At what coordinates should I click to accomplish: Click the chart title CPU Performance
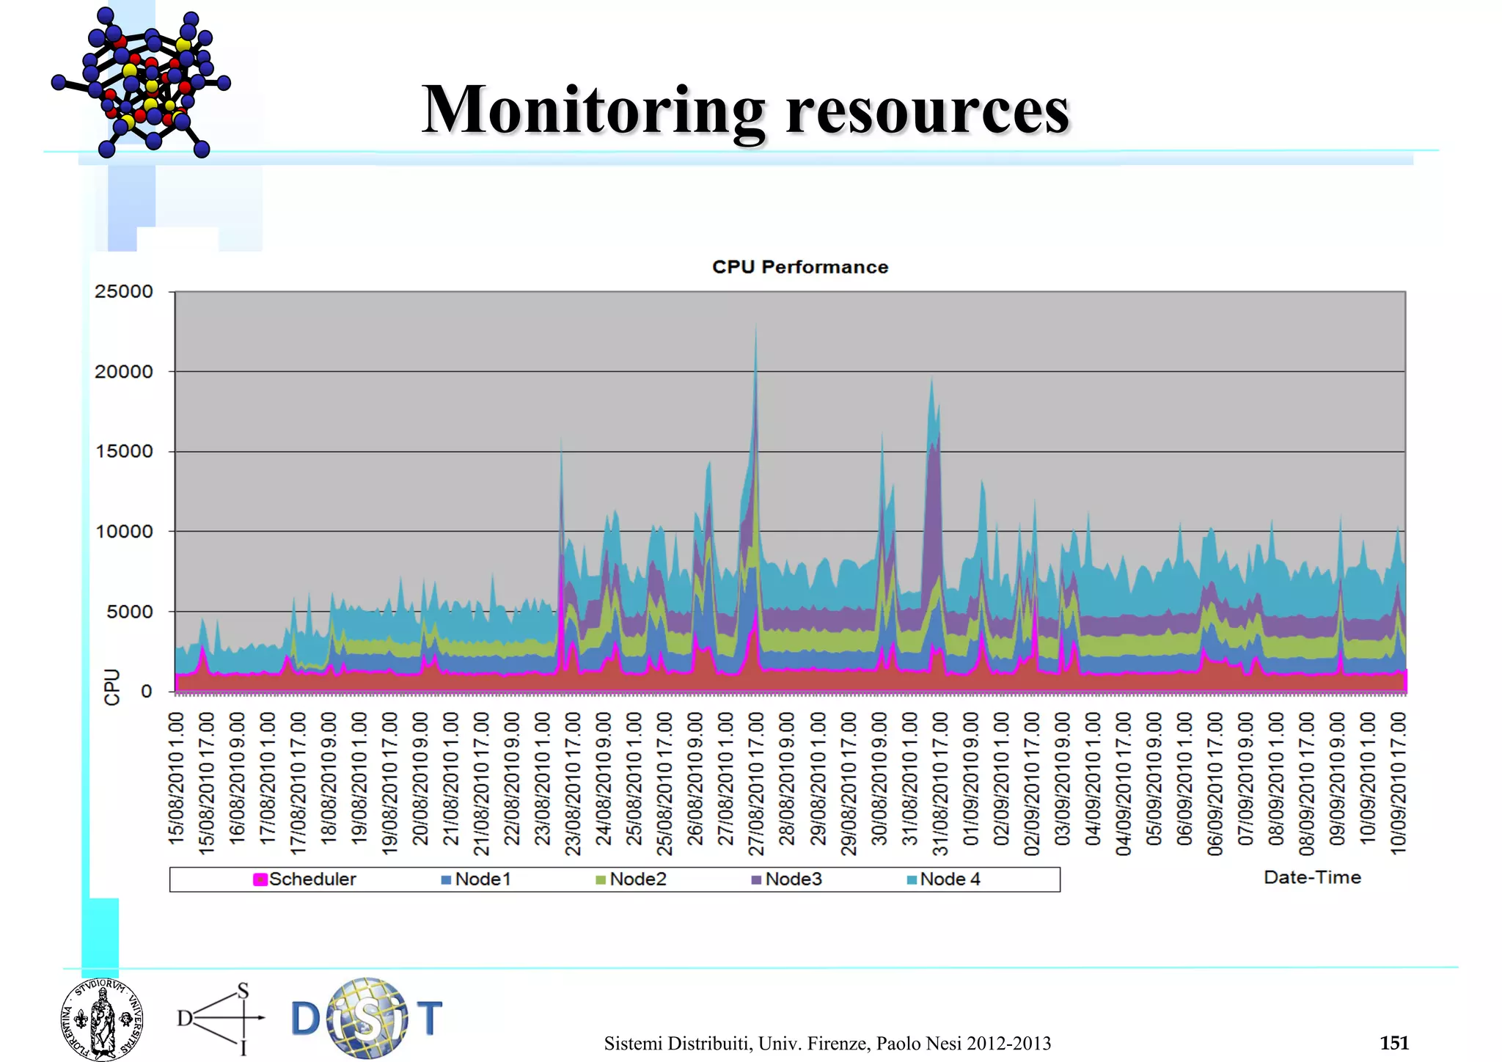pos(799,267)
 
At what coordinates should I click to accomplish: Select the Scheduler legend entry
pos(304,879)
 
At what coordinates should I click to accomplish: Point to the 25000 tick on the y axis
pos(124,292)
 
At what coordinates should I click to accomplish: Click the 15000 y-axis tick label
pos(124,452)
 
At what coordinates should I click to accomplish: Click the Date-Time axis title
pos(1312,877)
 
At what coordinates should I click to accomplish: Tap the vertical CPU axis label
pos(111,687)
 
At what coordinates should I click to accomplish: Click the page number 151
pos(1393,1043)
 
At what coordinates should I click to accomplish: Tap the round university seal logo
pos(102,1019)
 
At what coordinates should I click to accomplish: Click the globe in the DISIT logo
pos(367,1018)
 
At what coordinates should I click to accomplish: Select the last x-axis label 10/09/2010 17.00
pos(1399,783)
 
